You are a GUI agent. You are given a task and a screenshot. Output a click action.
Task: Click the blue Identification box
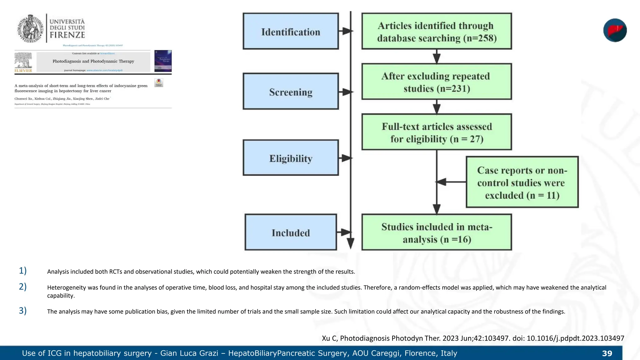291,31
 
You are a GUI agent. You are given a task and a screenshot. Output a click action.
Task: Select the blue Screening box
291,92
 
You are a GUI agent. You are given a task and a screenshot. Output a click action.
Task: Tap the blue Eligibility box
291,158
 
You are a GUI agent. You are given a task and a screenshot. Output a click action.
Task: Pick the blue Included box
291,232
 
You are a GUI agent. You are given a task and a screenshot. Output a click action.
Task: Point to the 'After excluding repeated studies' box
437,82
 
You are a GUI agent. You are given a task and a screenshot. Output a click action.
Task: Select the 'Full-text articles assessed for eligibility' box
437,132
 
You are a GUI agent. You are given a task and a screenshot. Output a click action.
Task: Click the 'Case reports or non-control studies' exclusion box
522,182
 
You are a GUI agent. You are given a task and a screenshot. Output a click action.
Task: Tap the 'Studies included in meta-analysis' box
437,232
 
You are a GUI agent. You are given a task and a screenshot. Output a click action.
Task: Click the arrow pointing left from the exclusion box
450,182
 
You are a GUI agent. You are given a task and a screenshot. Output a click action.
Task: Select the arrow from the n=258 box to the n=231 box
437,57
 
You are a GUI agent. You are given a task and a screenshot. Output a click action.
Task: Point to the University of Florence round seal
30,29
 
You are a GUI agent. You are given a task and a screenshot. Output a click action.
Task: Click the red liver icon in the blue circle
615,30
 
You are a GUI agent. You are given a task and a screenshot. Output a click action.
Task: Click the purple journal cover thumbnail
163,61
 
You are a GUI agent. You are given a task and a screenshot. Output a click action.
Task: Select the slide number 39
607,353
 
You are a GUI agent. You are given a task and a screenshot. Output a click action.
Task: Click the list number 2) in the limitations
22,287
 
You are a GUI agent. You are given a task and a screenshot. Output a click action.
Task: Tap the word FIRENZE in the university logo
67,35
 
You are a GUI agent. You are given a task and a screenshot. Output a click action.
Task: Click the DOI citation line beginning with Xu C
473,338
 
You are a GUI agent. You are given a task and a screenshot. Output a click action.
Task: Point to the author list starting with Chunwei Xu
62,99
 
